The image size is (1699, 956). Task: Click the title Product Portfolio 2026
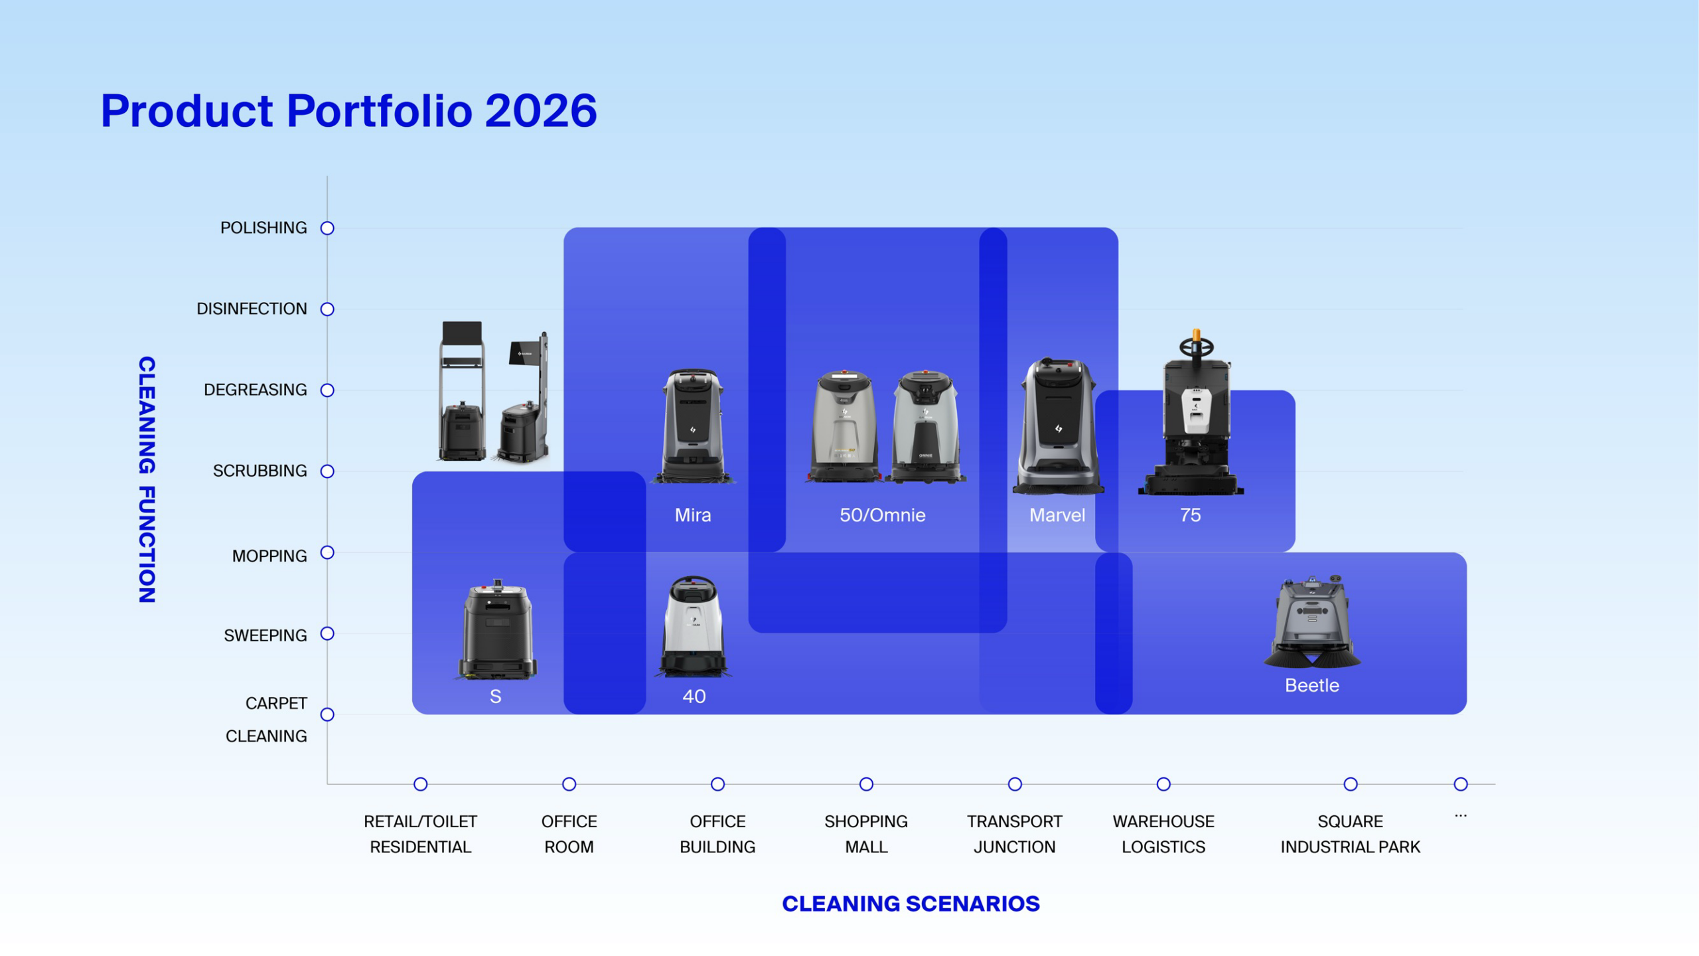[348, 110]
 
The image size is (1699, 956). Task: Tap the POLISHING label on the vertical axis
[263, 228]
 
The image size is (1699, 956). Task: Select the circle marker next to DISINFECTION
[327, 309]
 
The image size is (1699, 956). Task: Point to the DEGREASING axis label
[256, 390]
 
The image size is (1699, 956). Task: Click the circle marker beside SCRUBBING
[327, 471]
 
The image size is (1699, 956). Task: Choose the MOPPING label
[269, 556]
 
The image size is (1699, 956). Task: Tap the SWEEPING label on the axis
[265, 635]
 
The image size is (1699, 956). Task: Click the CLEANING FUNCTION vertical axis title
[147, 479]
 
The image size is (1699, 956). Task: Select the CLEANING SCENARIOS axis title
[911, 904]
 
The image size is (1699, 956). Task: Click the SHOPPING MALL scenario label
[866, 834]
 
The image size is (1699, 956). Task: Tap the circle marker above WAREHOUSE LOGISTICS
[1163, 784]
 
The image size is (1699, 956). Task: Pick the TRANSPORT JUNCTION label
[1015, 834]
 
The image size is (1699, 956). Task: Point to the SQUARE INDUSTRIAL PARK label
[1350, 834]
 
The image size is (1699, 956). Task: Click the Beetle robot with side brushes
[1312, 622]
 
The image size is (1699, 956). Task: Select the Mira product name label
[693, 515]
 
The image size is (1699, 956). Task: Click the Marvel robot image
[1058, 426]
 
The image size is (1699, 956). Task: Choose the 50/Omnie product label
[882, 515]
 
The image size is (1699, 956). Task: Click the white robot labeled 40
[694, 626]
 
